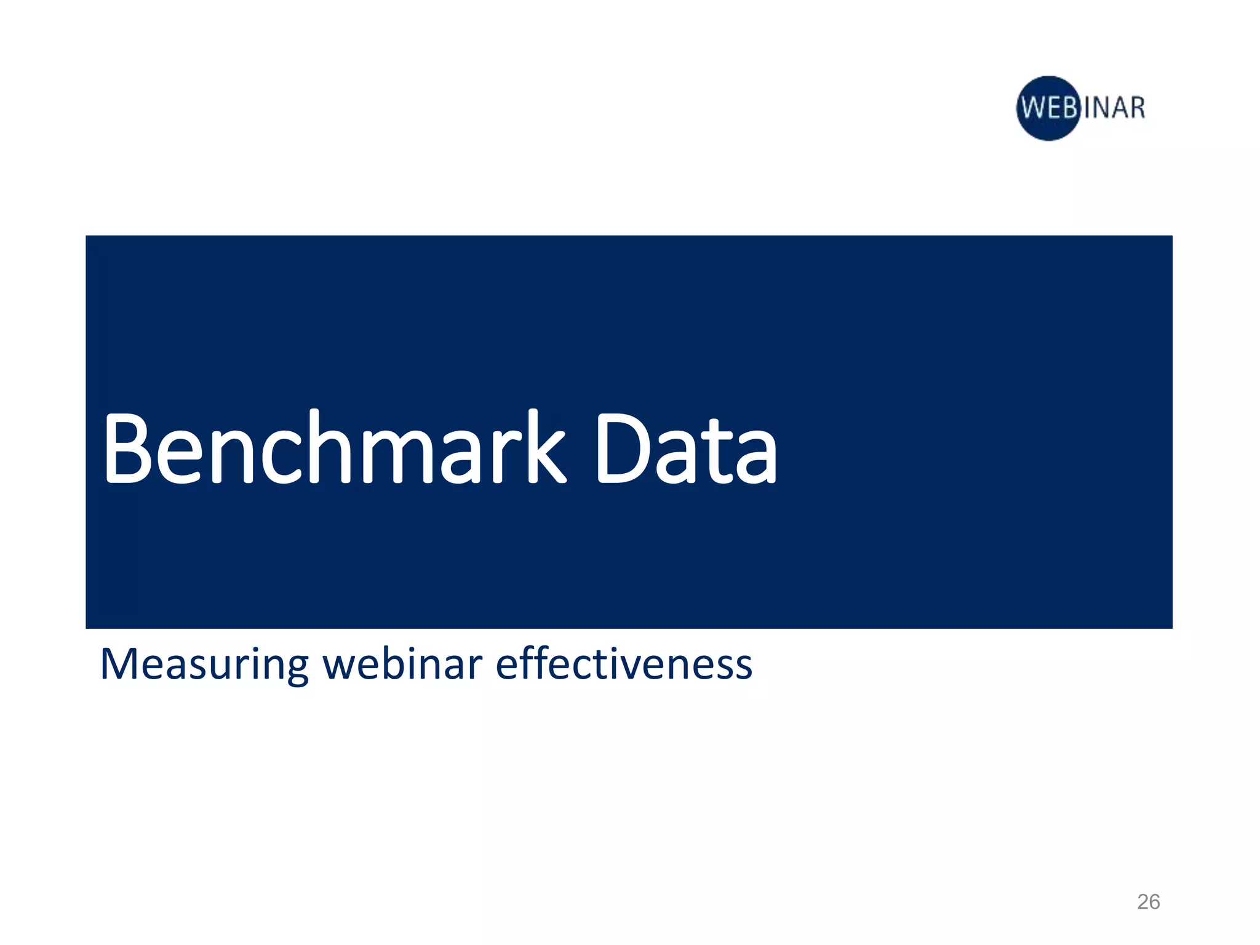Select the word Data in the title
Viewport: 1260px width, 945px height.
[x=685, y=448]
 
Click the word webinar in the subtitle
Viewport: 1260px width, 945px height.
[x=403, y=664]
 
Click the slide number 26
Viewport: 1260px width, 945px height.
[x=1148, y=901]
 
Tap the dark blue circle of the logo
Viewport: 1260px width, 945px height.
[x=1048, y=108]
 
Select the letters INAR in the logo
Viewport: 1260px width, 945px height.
[x=1114, y=108]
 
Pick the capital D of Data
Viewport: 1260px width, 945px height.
[x=621, y=448]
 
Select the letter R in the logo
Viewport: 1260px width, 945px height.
[x=1136, y=108]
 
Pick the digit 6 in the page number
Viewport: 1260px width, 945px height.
[x=1154, y=901]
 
